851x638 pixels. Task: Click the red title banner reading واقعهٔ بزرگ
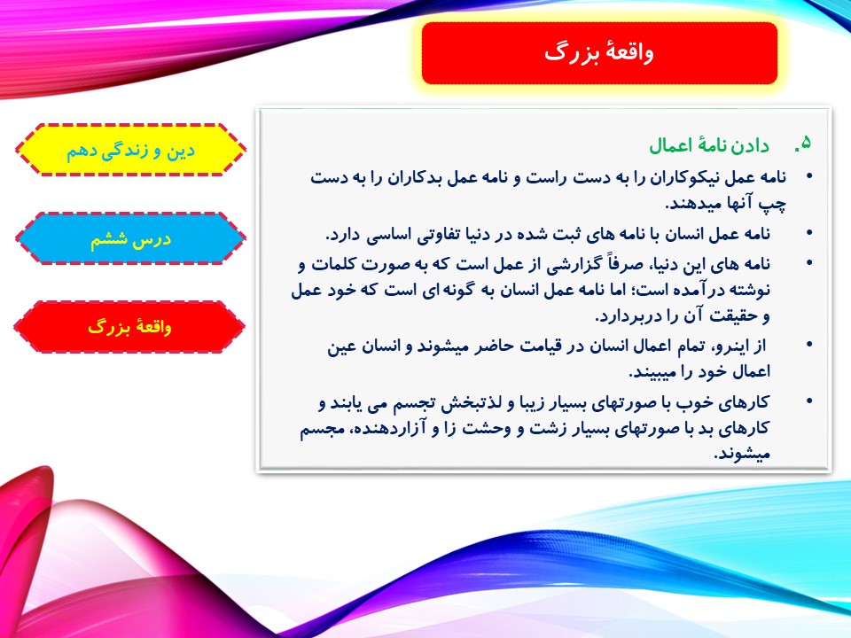tap(599, 53)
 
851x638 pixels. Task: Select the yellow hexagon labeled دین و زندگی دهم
tap(130, 151)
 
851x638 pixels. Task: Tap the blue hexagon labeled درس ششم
tap(130, 238)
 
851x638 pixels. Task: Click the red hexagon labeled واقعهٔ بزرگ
tap(129, 327)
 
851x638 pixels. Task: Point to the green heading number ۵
tap(803, 144)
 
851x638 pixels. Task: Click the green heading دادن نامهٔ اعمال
tap(709, 145)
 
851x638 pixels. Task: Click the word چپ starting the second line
tap(772, 204)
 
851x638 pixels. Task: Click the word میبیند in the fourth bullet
tap(653, 372)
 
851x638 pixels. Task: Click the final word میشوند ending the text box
tap(741, 455)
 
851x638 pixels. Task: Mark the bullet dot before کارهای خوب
tap(809, 401)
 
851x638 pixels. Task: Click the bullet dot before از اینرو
tap(809, 345)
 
